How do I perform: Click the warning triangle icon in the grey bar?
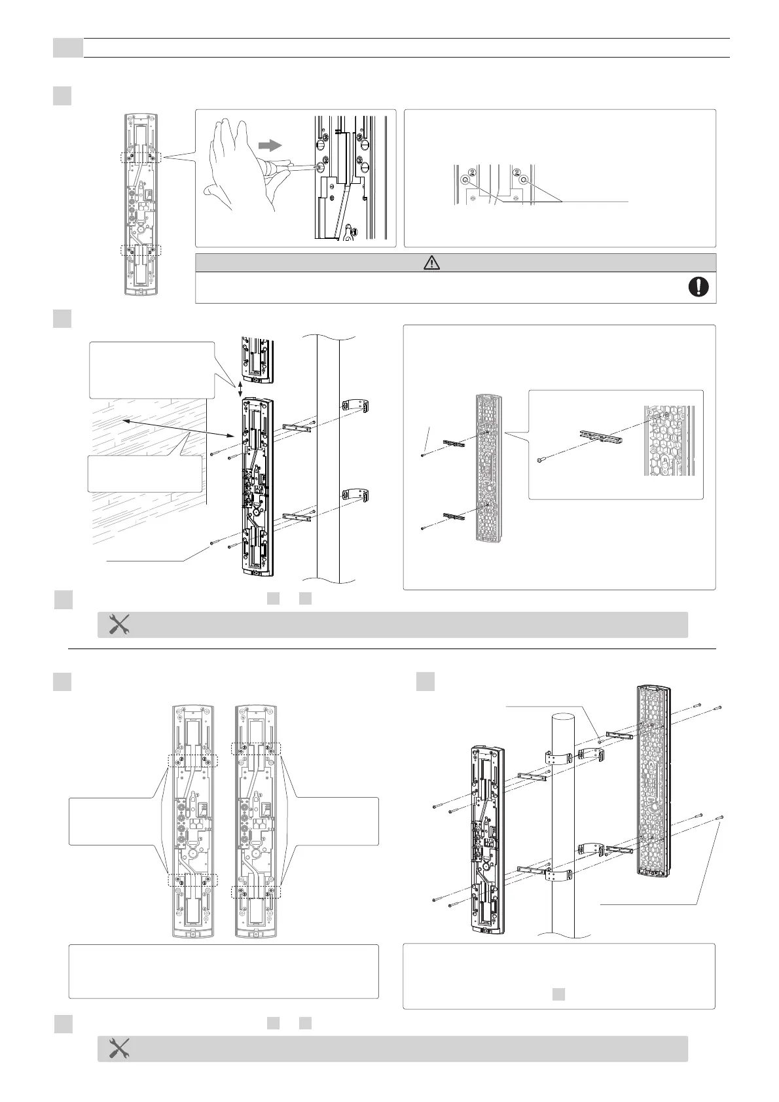coord(432,262)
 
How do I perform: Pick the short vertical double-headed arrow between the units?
coord(241,389)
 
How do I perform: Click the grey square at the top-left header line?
coord(67,48)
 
